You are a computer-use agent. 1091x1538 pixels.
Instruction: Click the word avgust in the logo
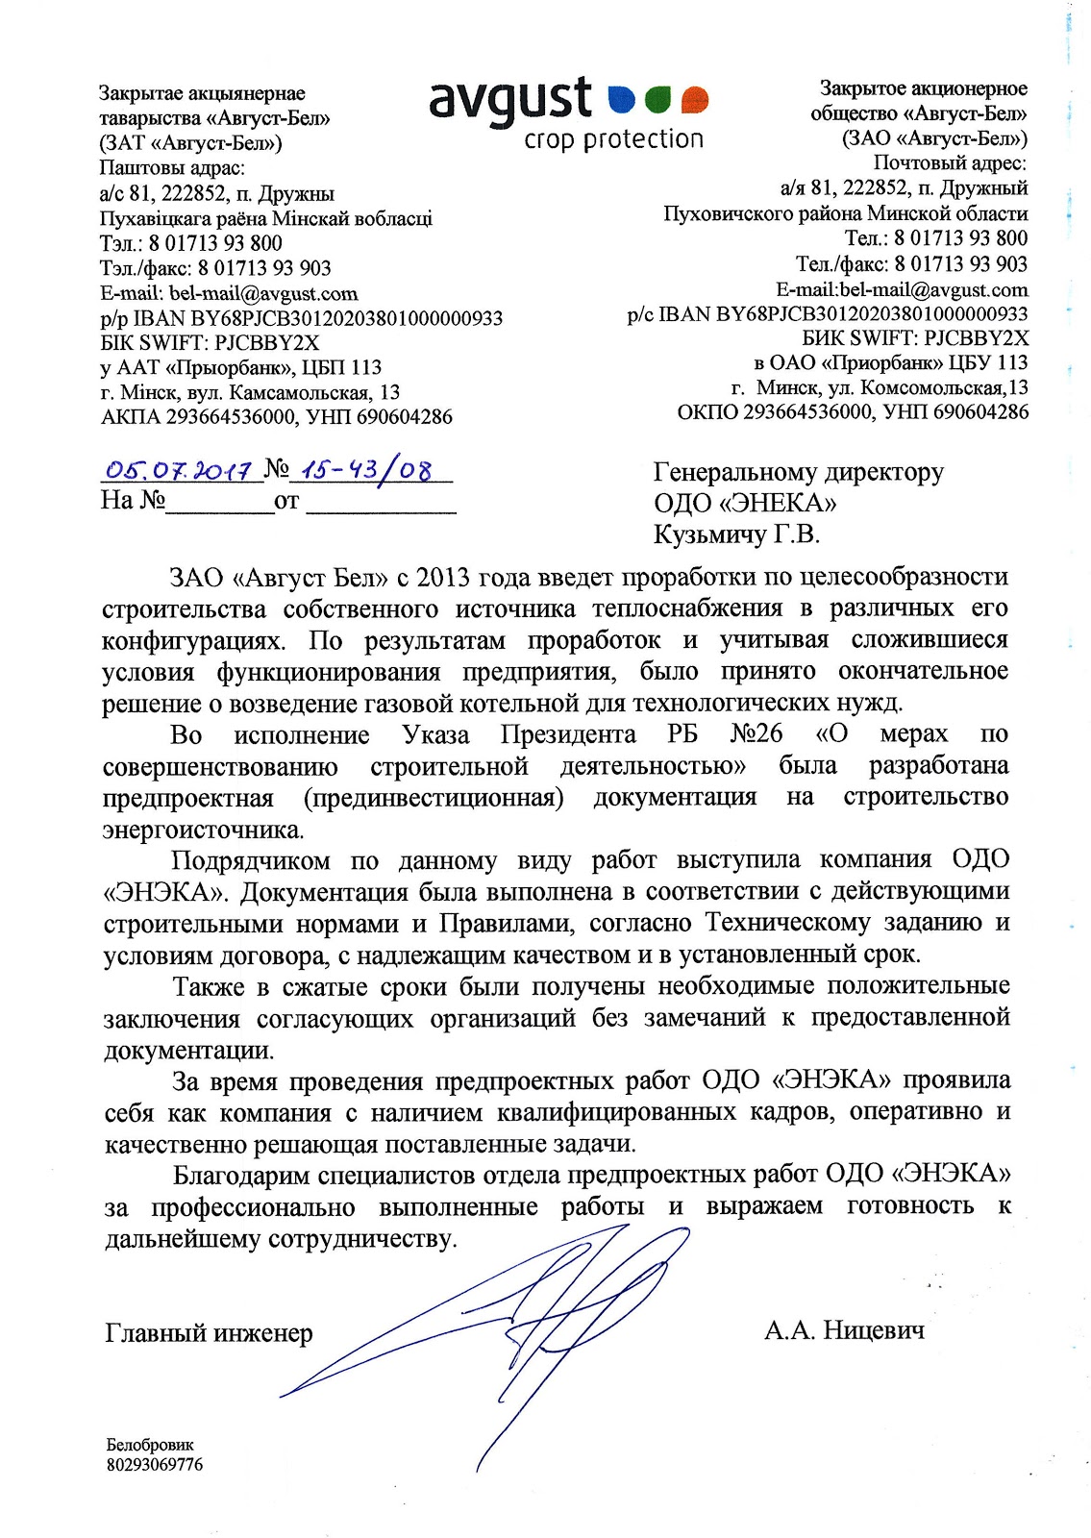[x=510, y=100]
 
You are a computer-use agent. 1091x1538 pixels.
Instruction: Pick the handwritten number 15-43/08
[x=366, y=470]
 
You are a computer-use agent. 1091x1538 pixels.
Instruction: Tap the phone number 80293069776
[x=155, y=1465]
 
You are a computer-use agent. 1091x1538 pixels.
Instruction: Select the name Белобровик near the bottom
[x=150, y=1445]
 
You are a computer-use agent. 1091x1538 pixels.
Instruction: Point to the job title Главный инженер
[x=209, y=1333]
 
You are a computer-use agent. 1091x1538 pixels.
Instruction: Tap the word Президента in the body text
[x=568, y=735]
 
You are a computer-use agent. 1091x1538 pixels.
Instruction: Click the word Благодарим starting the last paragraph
[x=242, y=1175]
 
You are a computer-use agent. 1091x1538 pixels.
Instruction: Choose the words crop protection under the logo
[x=613, y=140]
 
